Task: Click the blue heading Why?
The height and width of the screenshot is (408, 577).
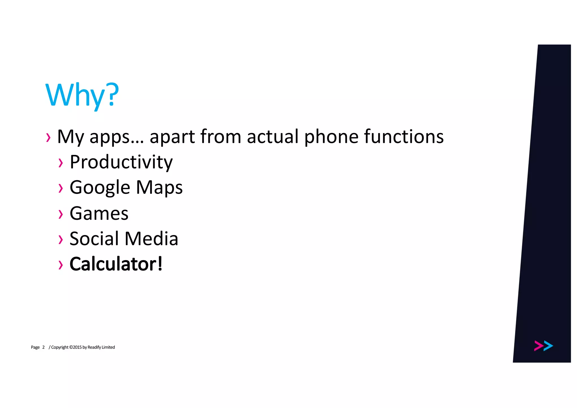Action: [82, 95]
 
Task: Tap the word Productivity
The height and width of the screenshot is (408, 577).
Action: [121, 162]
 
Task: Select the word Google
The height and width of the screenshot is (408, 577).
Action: [100, 188]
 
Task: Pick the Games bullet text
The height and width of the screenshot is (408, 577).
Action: [99, 213]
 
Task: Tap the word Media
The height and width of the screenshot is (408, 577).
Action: [151, 239]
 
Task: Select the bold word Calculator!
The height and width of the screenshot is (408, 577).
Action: [116, 264]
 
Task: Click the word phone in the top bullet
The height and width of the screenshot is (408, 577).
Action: [331, 137]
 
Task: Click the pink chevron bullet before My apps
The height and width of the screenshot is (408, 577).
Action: [48, 138]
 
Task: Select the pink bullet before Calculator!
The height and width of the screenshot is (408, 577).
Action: [61, 265]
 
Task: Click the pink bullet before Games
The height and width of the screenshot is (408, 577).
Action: [61, 214]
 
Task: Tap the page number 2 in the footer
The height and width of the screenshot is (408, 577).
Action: [43, 347]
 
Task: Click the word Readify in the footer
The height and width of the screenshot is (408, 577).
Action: [94, 347]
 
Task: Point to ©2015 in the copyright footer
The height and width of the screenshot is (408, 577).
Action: [75, 347]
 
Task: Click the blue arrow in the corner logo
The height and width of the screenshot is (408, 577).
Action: [548, 346]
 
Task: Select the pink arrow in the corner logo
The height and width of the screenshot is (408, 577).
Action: [538, 346]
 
